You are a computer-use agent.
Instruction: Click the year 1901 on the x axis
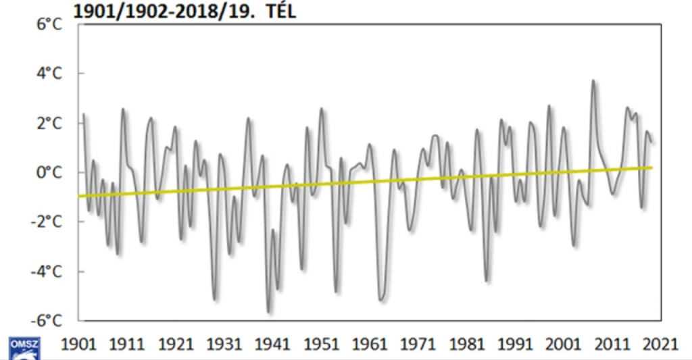pos(78,344)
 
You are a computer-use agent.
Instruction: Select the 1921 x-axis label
pos(176,344)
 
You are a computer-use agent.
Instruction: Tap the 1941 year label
pos(272,344)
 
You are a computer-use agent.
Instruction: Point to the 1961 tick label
pos(370,344)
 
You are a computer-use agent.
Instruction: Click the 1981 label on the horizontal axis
pos(466,344)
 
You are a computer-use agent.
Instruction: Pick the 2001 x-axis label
pos(564,344)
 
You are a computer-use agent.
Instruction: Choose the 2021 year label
pos(660,344)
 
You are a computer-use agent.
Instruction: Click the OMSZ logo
pos(24,348)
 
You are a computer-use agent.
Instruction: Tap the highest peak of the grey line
pos(593,81)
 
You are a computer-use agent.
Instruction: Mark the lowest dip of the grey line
pos(269,312)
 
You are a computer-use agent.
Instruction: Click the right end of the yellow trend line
pos(652,168)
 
